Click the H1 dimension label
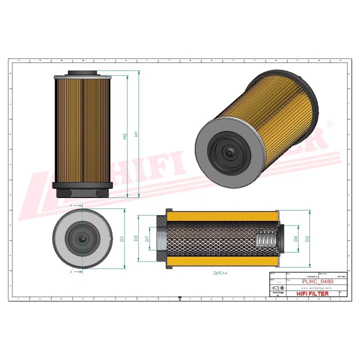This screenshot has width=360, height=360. coord(136,134)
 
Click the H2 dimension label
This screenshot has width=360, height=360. coord(125,136)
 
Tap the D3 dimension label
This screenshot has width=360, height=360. coord(136,239)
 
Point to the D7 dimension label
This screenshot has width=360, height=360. coord(147,239)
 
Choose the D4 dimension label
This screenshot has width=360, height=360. coord(295,239)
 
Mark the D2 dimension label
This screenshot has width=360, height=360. coord(307,239)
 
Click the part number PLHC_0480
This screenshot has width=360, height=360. coord(318,281)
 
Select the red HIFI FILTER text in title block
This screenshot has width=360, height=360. coord(313,294)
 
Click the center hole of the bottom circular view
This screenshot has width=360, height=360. coord(81,239)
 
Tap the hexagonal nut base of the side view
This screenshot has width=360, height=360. coord(81,189)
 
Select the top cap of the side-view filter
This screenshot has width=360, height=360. coord(81,73)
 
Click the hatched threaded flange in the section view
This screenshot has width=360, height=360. coord(159,239)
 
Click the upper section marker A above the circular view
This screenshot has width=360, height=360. coord(71,205)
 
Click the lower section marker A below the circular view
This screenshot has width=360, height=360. coord(71,272)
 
